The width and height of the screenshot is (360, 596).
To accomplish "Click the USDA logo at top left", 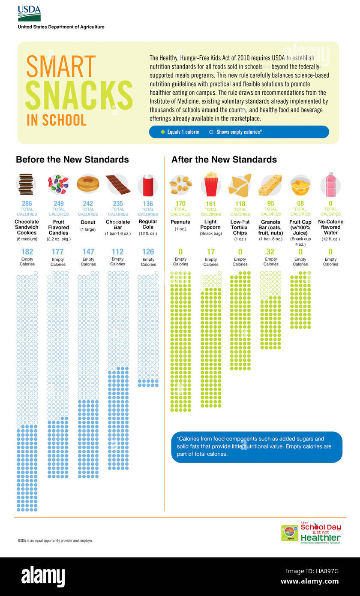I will [x=29, y=14].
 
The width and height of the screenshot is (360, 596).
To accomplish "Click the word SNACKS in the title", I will [x=79, y=95].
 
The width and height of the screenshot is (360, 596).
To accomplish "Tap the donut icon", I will [x=88, y=184].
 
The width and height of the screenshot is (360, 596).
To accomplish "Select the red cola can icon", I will [x=148, y=185].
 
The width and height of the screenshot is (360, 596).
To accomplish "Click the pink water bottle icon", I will [x=330, y=184].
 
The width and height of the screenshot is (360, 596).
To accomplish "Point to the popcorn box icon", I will [x=211, y=184].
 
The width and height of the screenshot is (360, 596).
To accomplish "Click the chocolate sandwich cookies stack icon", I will [x=26, y=184].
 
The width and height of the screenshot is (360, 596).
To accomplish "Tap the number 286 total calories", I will [x=27, y=204].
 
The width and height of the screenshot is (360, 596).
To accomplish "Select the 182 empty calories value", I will [x=27, y=252].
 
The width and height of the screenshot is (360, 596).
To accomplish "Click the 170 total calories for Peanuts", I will [x=180, y=203].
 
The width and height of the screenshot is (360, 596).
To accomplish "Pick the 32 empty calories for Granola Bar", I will [x=270, y=252].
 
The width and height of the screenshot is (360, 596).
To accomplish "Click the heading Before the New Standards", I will [x=72, y=160].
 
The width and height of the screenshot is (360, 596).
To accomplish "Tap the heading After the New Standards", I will [x=224, y=160].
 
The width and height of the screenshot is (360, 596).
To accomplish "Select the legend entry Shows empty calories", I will [x=236, y=132].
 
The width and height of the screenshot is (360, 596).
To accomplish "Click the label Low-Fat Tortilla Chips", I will [x=240, y=227].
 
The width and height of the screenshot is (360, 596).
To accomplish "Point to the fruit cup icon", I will [x=300, y=185].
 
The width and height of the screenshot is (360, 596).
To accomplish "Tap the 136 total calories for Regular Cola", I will [x=148, y=204].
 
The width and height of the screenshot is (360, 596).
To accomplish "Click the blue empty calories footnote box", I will [x=257, y=447].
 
